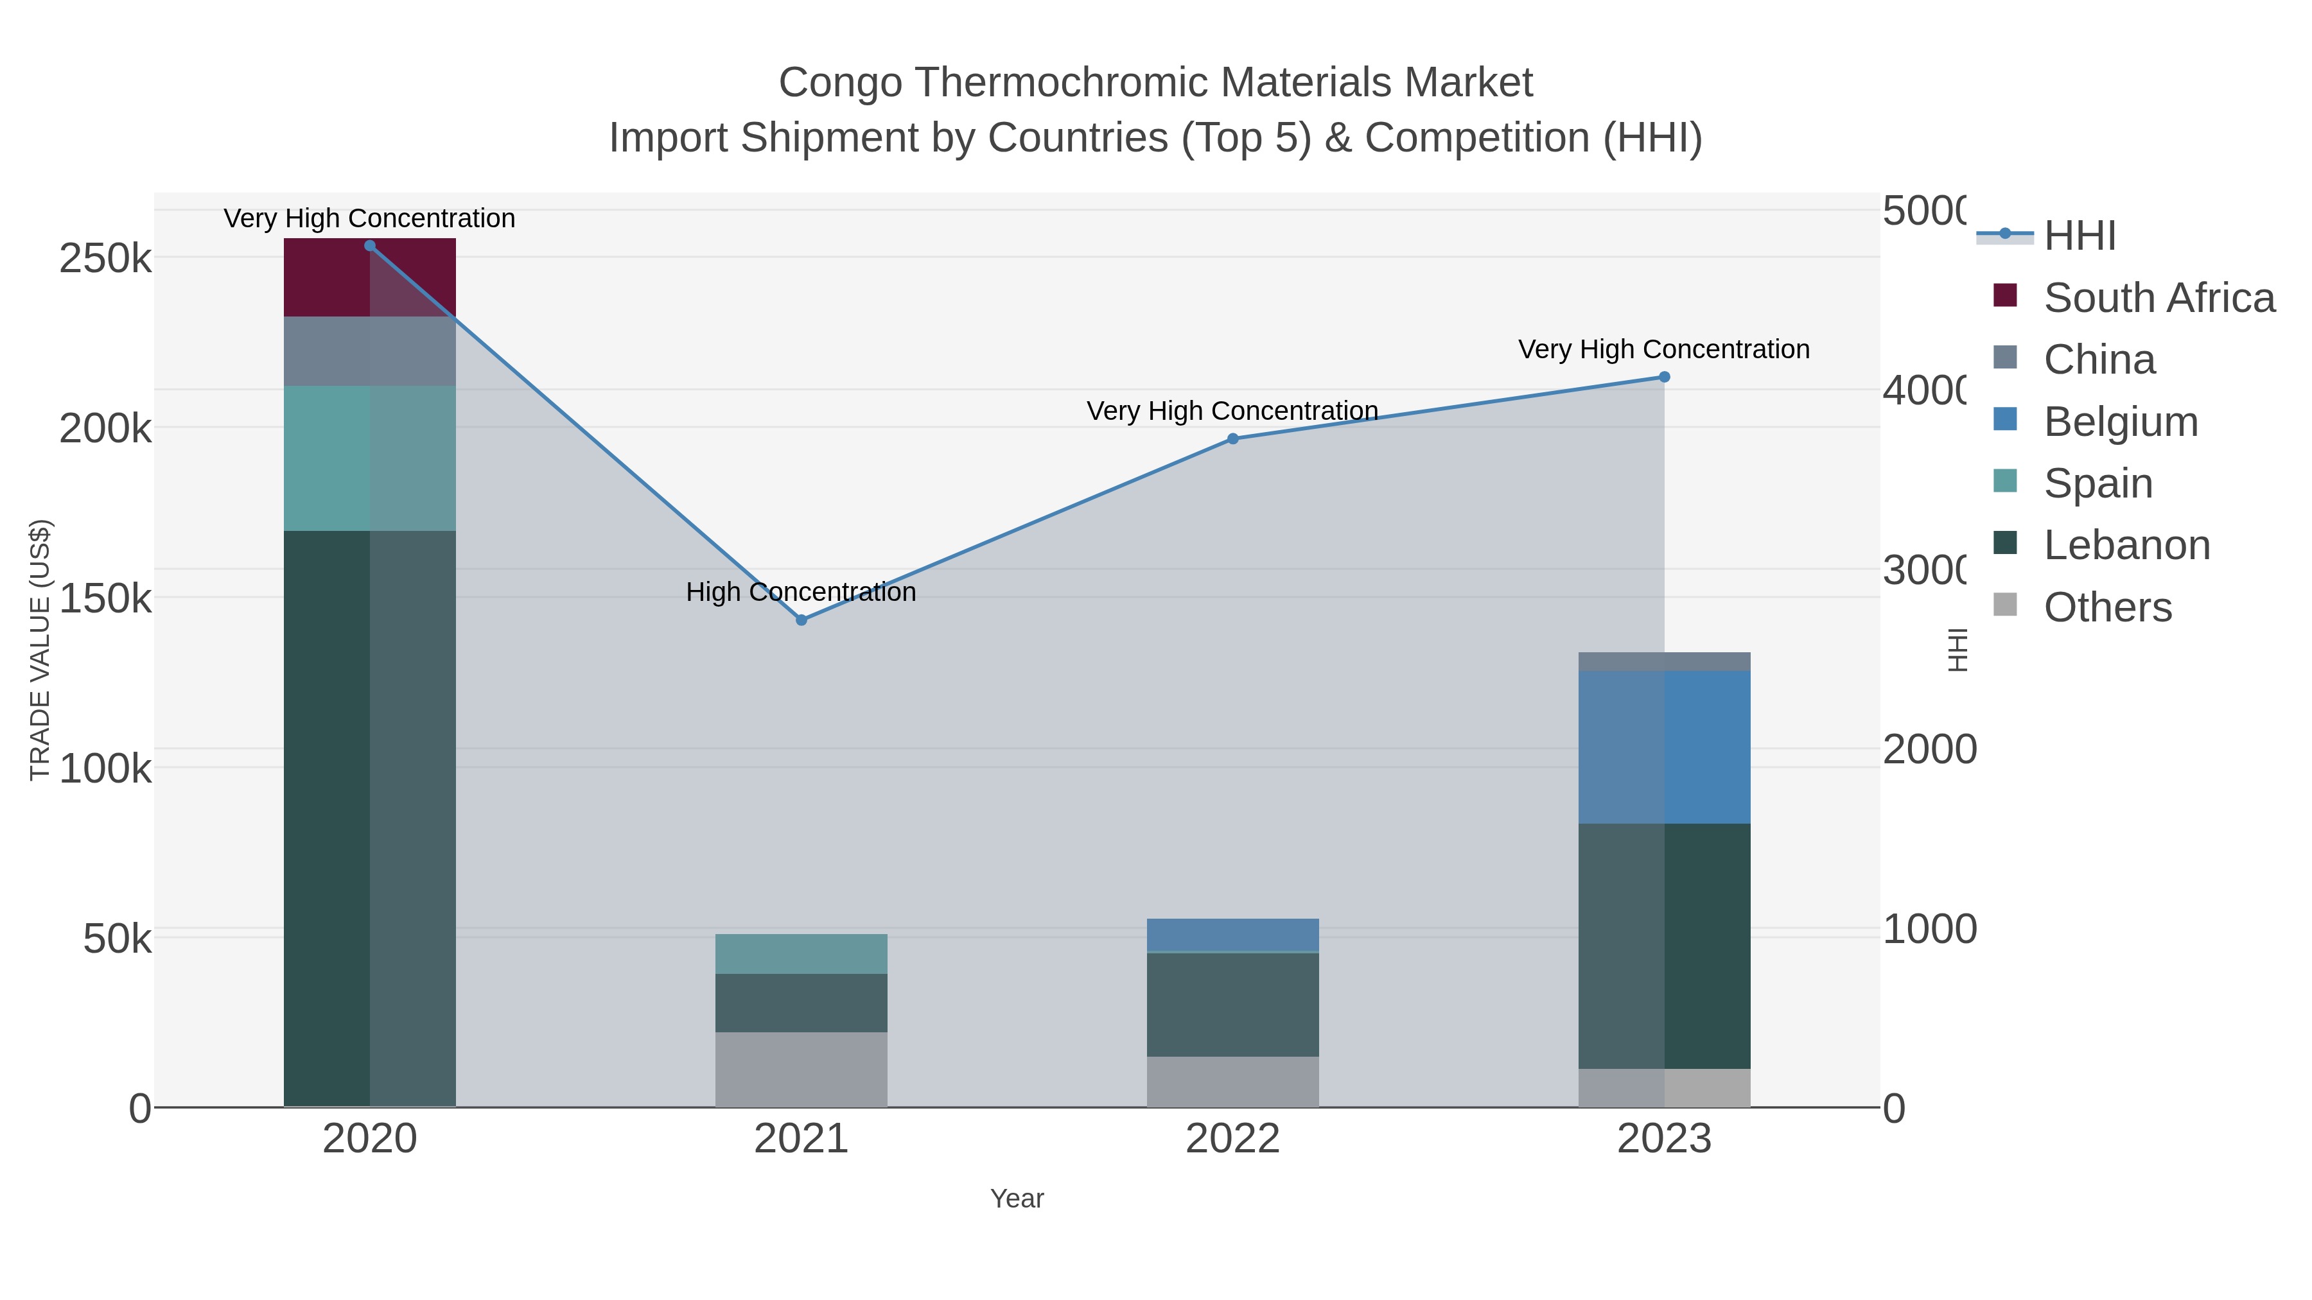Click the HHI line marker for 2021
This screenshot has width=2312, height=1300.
click(801, 620)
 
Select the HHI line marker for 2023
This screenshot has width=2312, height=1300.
click(1664, 377)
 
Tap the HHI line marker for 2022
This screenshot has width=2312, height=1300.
click(1232, 438)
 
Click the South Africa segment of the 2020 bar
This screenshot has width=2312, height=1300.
click(370, 277)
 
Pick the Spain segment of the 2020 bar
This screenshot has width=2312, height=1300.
click(370, 458)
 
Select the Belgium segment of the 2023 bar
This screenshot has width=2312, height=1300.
click(1664, 747)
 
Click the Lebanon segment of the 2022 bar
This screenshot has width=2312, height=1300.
click(1232, 1004)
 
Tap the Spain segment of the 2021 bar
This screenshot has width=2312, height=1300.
click(801, 954)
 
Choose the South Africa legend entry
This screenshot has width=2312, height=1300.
click(2158, 298)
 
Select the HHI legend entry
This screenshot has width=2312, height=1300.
click(2079, 236)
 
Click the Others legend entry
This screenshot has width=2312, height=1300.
click(2106, 607)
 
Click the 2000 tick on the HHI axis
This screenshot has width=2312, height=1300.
click(1929, 749)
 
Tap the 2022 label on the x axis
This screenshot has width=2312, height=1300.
click(1232, 1140)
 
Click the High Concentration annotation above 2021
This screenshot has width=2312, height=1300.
click(801, 592)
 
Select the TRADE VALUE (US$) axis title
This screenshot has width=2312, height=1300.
click(40, 650)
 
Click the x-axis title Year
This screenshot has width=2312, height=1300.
click(1017, 1199)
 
